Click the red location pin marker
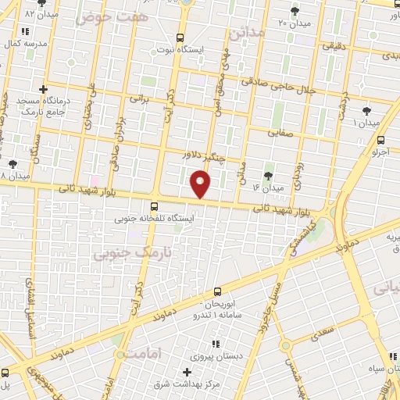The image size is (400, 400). point(201,184)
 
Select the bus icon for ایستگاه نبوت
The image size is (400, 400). point(180,37)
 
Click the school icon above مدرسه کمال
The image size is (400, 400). point(26,31)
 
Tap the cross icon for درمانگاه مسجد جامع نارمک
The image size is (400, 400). point(44,89)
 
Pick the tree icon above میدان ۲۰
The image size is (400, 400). point(295,11)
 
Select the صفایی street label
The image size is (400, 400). point(284,132)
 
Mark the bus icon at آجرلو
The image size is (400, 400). point(380,141)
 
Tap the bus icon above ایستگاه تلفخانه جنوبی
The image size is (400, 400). point(154,207)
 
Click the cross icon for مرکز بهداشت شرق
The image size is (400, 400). point(186,373)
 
